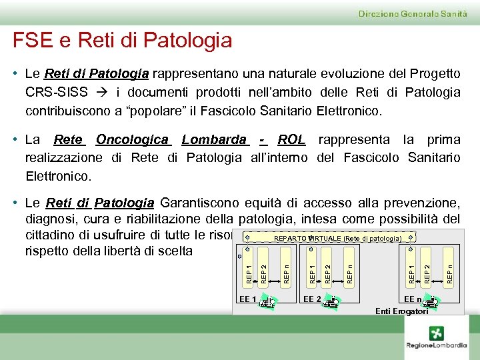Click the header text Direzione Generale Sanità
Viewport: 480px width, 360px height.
(x=413, y=13)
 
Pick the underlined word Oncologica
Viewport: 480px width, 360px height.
(x=132, y=140)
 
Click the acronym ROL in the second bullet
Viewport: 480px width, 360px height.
(x=291, y=140)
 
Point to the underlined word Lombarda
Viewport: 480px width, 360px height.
(x=214, y=140)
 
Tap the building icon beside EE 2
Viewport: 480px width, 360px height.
(x=330, y=302)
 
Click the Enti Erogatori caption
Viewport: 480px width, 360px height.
(x=401, y=311)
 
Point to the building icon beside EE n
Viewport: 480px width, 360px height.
(x=431, y=302)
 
